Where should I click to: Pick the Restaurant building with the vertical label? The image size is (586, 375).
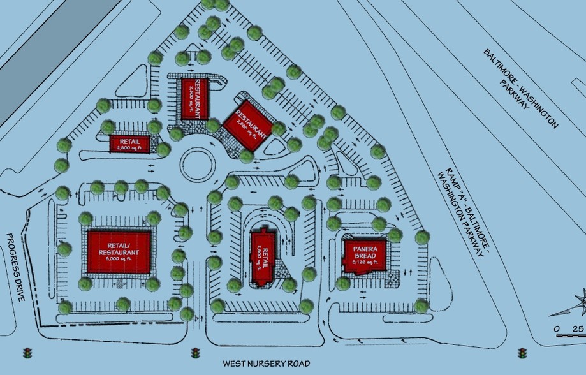(194, 98)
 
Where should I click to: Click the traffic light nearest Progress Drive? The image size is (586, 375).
(27, 353)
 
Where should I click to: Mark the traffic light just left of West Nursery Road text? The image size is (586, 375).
(195, 353)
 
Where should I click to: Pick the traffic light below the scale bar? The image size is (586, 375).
(523, 353)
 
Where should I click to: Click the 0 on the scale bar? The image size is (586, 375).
(557, 328)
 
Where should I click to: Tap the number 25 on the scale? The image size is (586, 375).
(578, 328)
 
